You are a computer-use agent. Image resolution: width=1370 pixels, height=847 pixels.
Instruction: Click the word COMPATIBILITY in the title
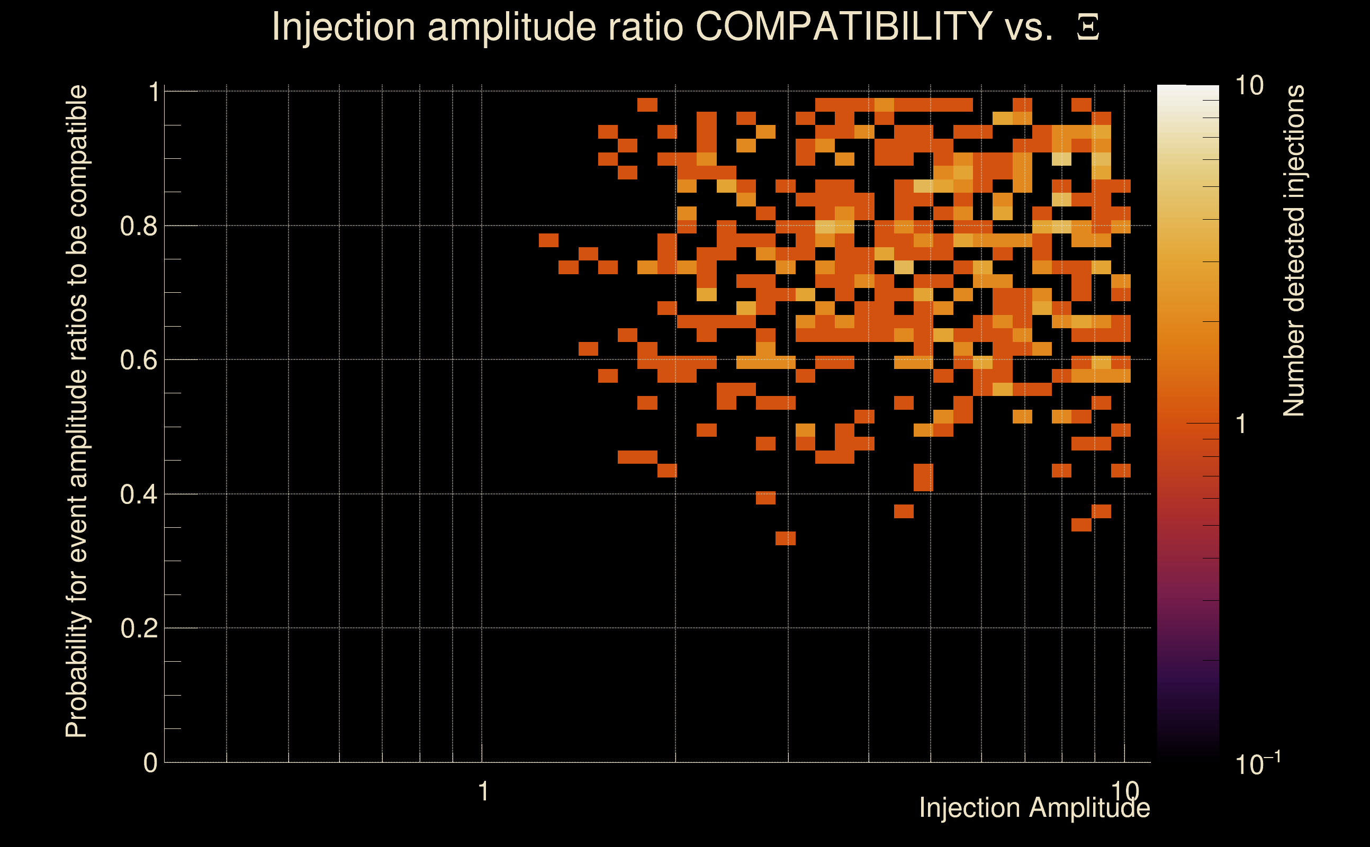pyautogui.click(x=843, y=26)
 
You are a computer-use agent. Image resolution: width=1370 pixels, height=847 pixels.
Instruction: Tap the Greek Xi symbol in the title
pyautogui.click(x=1088, y=28)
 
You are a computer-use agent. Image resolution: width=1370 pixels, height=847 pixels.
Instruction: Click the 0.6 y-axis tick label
pyautogui.click(x=139, y=359)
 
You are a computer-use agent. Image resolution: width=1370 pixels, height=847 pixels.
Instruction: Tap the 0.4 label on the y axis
pyautogui.click(x=139, y=494)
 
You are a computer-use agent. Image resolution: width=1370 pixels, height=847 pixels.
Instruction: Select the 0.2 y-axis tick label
pyautogui.click(x=139, y=628)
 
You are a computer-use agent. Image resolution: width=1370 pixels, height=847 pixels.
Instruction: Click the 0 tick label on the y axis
pyautogui.click(x=150, y=762)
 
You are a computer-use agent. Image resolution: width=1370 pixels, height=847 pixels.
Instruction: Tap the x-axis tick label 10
pyautogui.click(x=1125, y=790)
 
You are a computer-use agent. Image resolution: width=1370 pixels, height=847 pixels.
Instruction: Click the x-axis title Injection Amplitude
pyautogui.click(x=1034, y=808)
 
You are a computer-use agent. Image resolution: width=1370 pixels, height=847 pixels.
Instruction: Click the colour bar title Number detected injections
pyautogui.click(x=1293, y=250)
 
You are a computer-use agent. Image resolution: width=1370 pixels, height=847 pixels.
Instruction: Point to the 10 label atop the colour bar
pyautogui.click(x=1248, y=86)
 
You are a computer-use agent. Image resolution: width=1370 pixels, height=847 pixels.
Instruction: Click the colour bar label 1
pyautogui.click(x=1241, y=424)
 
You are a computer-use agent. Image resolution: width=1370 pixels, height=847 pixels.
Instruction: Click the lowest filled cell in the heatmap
pyautogui.click(x=785, y=538)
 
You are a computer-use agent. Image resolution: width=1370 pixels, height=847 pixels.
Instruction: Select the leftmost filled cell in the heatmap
pyautogui.click(x=548, y=240)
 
